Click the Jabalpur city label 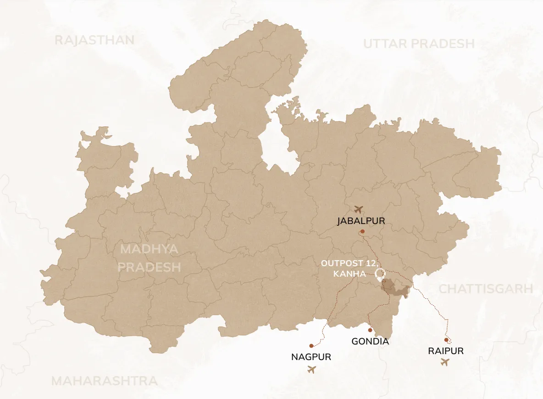point(361,221)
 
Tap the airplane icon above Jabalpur point(359,209)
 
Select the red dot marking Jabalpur point(362,231)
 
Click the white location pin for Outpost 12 point(380,274)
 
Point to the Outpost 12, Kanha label point(349,268)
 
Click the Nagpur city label point(311,357)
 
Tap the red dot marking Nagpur point(311,345)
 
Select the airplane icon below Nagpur point(312,369)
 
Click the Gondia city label point(370,341)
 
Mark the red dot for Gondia point(370,330)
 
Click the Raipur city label point(446,351)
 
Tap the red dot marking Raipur point(446,340)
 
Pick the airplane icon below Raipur point(444,362)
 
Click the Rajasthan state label point(94,40)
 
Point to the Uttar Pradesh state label point(419,44)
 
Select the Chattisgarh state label point(486,289)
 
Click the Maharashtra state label point(104,381)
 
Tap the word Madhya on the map point(150,250)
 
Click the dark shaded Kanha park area point(393,287)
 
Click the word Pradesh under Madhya point(150,267)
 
